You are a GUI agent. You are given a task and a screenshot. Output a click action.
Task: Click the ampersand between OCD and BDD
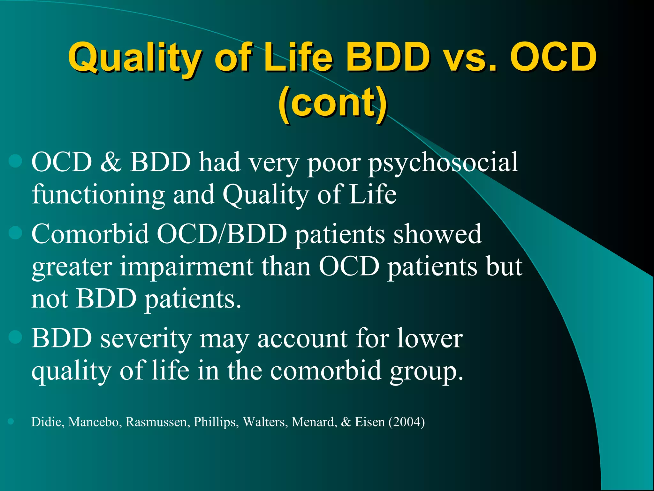[111, 162]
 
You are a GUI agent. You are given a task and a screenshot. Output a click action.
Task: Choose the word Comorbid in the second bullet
[90, 234]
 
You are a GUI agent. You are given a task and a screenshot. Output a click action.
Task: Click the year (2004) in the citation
[407, 422]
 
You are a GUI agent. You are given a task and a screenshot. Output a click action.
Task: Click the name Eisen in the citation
[370, 422]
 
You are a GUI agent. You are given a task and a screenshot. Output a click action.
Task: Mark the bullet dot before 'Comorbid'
[15, 233]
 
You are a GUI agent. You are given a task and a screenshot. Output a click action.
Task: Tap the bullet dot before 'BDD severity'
[15, 337]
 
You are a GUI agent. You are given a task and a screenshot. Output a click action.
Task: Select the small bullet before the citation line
[11, 421]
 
